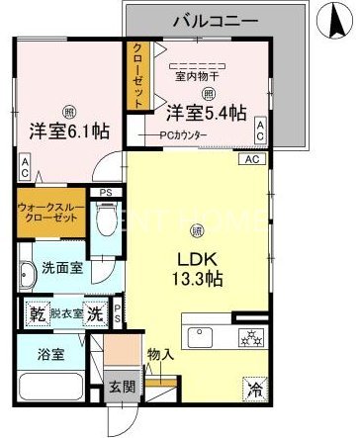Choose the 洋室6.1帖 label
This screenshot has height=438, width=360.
pyautogui.click(x=68, y=130)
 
